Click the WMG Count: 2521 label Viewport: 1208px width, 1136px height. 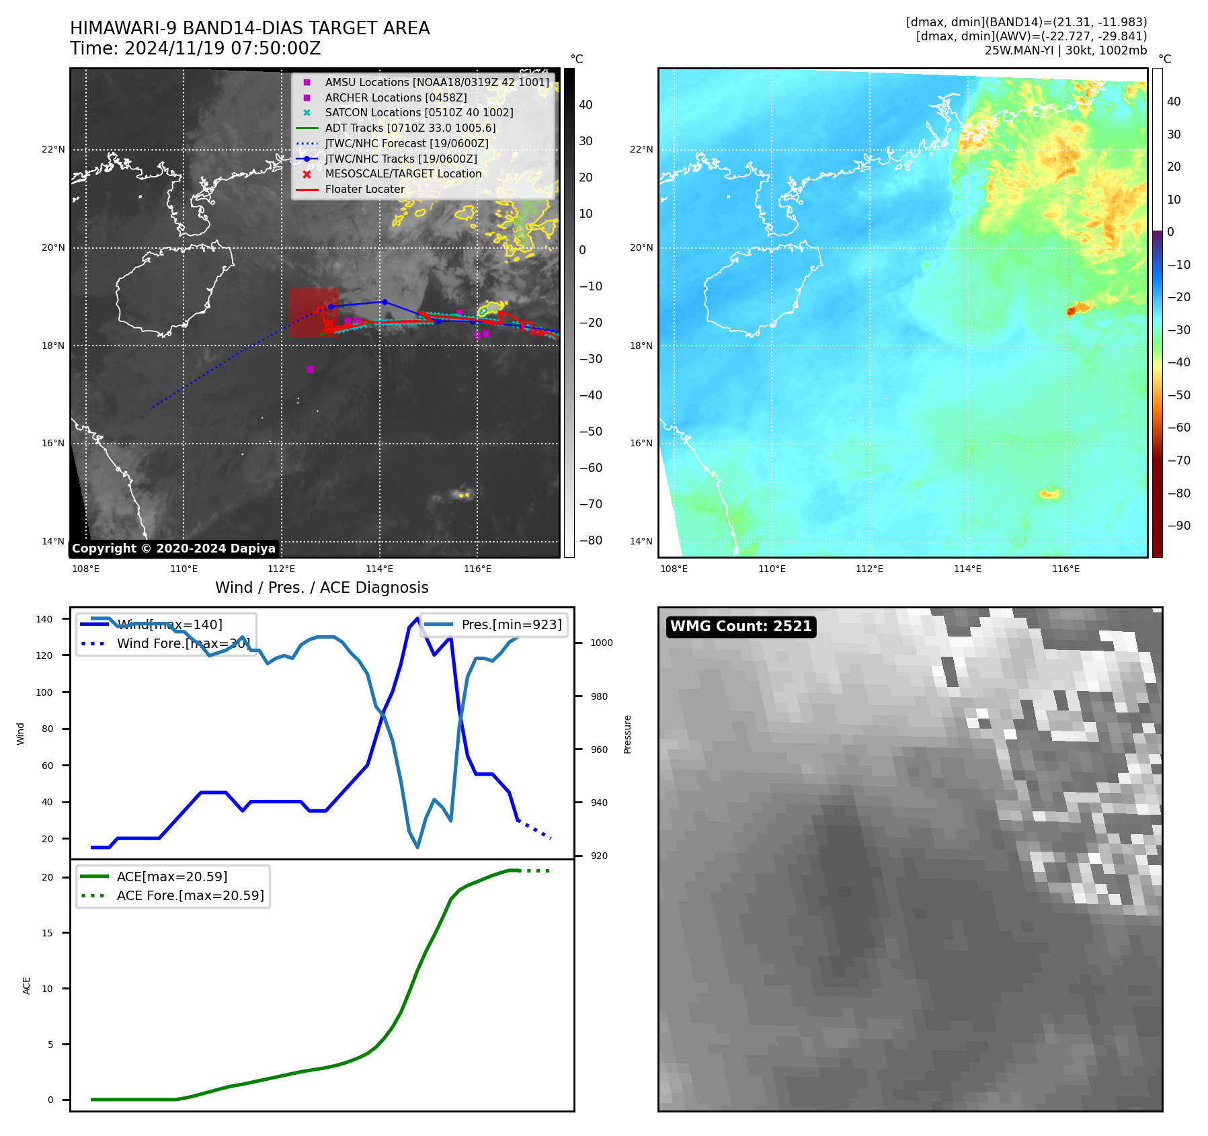741,626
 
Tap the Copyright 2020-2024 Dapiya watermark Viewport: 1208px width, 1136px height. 173,549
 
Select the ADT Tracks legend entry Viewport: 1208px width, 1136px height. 410,128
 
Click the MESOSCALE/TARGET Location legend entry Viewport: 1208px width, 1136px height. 403,173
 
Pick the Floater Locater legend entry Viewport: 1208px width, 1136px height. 365,189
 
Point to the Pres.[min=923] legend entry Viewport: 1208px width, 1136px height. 511,624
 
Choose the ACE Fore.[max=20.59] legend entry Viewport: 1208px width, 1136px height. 190,895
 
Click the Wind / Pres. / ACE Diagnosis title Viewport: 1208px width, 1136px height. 321,587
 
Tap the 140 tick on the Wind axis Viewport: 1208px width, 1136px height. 44,619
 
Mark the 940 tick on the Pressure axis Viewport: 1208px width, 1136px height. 598,803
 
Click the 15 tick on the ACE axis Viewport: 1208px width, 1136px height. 47,933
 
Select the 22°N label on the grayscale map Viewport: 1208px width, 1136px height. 53,149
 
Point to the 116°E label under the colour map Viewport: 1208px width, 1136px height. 1065,569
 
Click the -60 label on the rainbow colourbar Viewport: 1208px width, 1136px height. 1178,428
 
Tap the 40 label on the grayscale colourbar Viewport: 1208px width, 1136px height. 586,105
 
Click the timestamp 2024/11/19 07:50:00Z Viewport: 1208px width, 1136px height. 223,49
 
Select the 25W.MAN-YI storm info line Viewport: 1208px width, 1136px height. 1065,50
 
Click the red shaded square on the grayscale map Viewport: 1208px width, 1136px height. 314,313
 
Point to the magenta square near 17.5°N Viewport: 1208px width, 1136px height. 310,369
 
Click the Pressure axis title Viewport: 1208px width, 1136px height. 627,734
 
